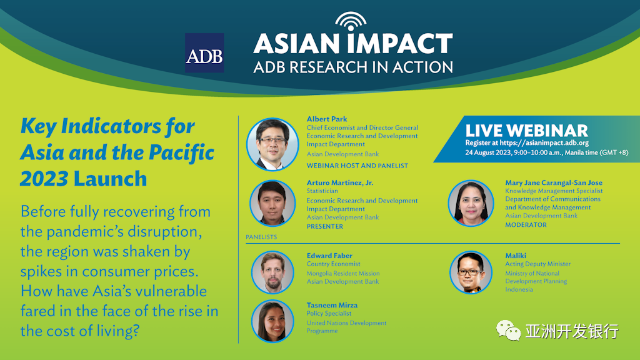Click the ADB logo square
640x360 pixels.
(x=204, y=53)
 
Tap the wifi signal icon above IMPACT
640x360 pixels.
(x=351, y=21)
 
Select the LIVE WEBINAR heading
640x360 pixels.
(x=526, y=131)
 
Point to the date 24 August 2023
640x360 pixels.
(x=488, y=152)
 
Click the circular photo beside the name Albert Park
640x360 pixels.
(x=272, y=144)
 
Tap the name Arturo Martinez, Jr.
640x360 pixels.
(x=339, y=182)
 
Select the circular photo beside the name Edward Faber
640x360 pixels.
(x=272, y=272)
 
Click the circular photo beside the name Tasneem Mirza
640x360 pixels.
(x=272, y=321)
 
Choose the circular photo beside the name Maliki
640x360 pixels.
(x=471, y=272)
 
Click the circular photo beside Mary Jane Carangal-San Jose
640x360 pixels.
(x=471, y=203)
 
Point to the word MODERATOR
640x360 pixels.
(x=526, y=225)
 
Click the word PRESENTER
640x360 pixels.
(x=325, y=226)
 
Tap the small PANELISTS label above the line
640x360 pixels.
(x=261, y=237)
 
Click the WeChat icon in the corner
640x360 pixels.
(x=508, y=330)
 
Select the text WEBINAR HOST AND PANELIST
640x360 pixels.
(x=357, y=166)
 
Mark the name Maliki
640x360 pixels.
(x=516, y=256)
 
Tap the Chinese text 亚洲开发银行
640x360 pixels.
(x=572, y=331)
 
